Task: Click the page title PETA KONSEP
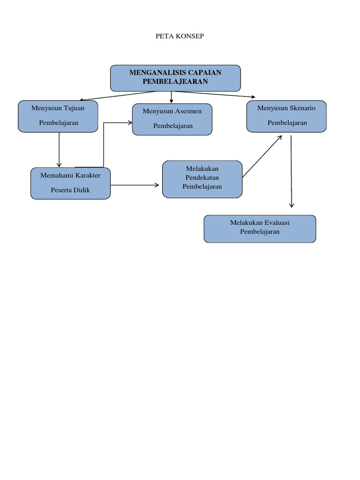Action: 180,36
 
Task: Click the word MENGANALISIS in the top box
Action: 157,73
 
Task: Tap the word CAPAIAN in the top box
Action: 205,73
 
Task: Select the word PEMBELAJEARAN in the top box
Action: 175,82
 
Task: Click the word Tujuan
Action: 74,108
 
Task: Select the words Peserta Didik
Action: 70,190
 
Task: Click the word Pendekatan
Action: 202,178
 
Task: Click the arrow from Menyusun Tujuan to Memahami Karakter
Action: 59,150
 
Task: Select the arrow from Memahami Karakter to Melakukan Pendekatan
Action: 135,185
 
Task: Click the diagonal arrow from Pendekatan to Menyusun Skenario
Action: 262,157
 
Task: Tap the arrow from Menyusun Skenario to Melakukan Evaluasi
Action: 291,172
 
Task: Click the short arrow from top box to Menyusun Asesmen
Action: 172,97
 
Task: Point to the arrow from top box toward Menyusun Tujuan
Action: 118,96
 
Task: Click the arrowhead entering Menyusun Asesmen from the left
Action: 130,123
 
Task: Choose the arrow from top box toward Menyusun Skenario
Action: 215,94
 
